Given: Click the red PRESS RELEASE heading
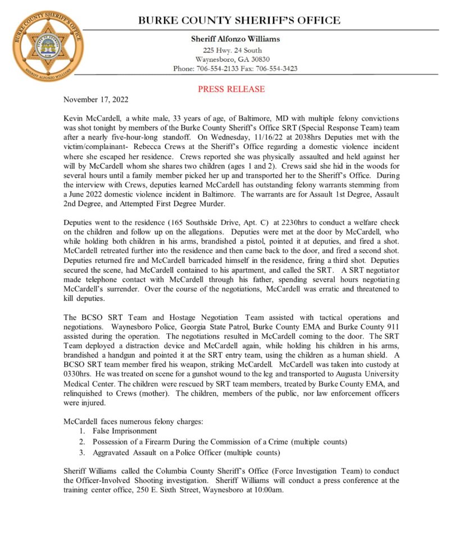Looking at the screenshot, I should pos(231,89).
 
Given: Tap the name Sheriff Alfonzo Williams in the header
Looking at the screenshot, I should pos(235,39).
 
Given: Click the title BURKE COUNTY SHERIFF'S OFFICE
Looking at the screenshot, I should pos(239,21).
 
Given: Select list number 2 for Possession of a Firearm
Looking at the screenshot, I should pos(82,442).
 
